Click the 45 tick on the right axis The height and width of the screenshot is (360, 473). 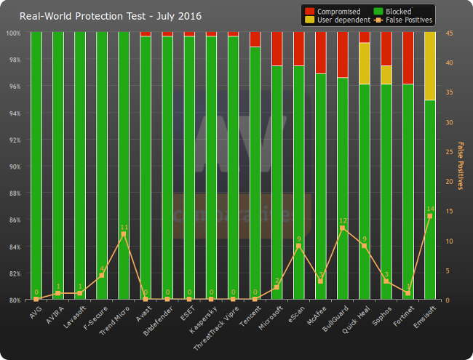pos(450,33)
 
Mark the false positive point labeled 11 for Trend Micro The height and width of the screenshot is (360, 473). pos(124,234)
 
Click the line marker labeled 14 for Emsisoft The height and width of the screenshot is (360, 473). pos(429,216)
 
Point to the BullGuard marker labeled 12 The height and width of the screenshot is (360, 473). pos(342,228)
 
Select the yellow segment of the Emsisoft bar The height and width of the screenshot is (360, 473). pos(429,65)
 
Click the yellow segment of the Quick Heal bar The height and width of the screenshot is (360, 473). pos(364,63)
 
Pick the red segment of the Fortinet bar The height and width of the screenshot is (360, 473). pos(408,58)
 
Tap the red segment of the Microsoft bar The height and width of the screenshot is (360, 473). pos(277,49)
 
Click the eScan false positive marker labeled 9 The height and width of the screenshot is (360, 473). pos(298,246)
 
